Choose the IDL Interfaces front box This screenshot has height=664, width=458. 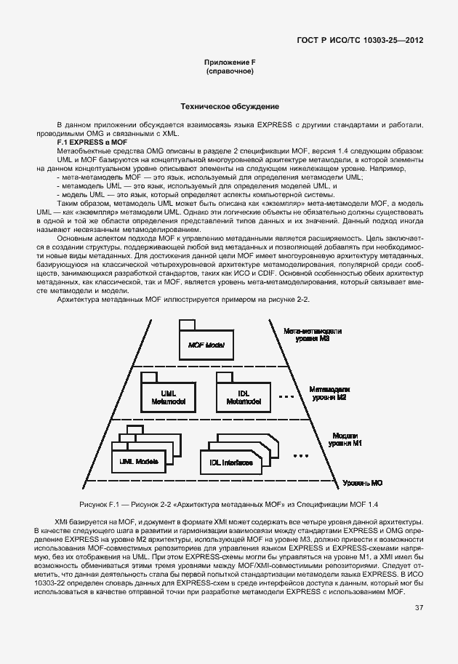[231, 462]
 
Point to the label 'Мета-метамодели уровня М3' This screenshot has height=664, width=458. [313, 335]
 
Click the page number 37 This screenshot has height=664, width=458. [419, 608]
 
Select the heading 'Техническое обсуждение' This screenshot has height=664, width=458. [229, 106]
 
